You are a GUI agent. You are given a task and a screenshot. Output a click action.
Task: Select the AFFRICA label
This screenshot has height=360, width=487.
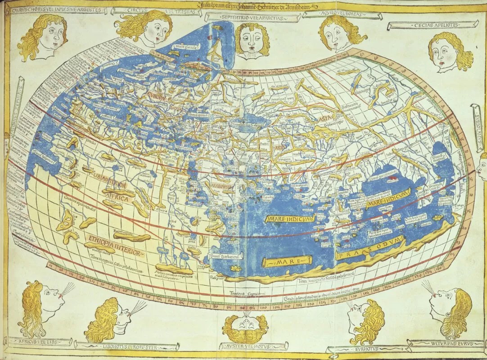(x=118, y=198)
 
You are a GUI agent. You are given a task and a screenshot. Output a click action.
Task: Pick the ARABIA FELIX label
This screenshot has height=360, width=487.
(x=218, y=184)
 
